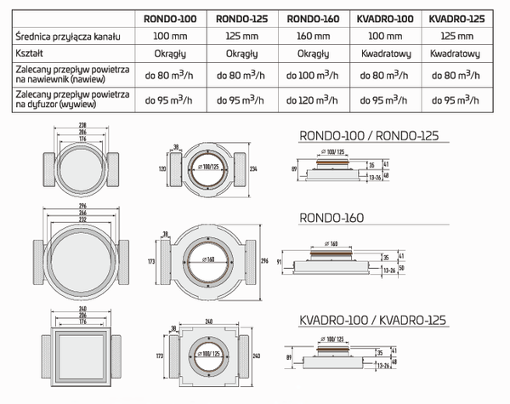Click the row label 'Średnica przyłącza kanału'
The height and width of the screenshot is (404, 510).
(63, 37)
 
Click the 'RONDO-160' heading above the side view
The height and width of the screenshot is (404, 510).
(331, 219)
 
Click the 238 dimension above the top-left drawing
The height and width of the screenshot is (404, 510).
(82, 124)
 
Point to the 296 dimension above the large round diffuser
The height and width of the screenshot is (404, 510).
(82, 205)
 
